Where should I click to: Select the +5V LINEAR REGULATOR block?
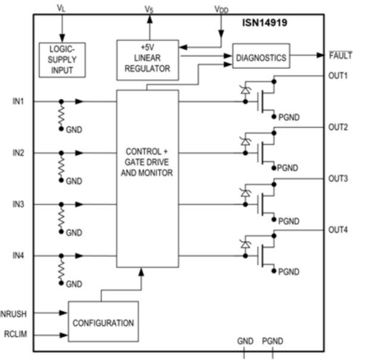pos(147,59)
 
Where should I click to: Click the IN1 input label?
pos(19,101)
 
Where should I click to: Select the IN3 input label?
pos(19,204)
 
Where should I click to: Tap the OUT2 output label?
pos(338,127)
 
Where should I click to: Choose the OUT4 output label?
pos(338,229)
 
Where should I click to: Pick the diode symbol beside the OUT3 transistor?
pos(243,192)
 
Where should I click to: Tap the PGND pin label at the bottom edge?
pos(273,341)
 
